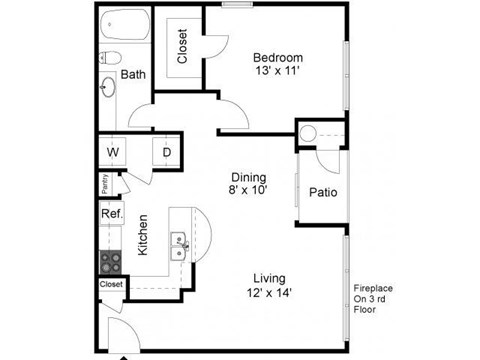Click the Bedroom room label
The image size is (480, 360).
pyautogui.click(x=276, y=57)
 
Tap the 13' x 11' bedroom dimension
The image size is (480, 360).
pyautogui.click(x=276, y=72)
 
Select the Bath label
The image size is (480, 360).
pyautogui.click(x=133, y=74)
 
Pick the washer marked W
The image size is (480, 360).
pyautogui.click(x=113, y=153)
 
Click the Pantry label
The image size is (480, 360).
pyautogui.click(x=104, y=184)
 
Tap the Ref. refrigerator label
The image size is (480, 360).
pyautogui.click(x=110, y=214)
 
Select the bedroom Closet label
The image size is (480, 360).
pyautogui.click(x=183, y=45)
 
